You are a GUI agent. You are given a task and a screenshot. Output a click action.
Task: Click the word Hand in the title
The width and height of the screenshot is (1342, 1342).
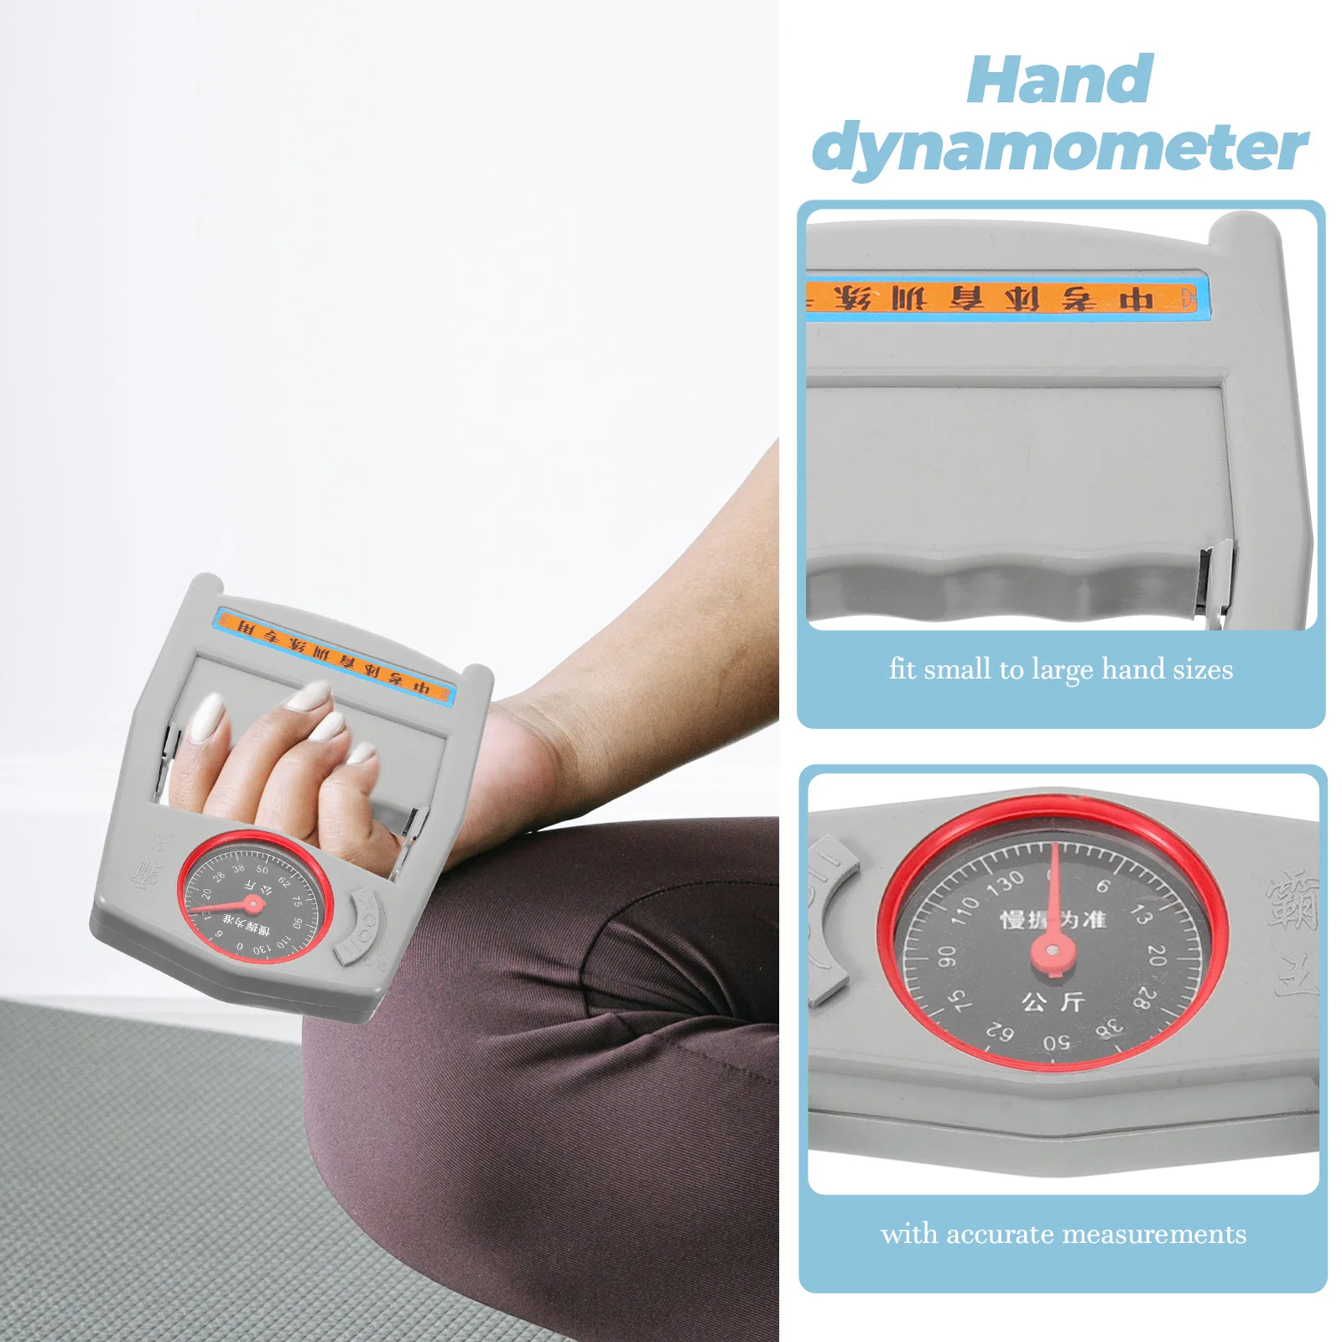tap(1059, 81)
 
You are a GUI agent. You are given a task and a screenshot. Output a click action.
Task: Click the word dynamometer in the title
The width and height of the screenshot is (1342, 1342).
tap(1059, 148)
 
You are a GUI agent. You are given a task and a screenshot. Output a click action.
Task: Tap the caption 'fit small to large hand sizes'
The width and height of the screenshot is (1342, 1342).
tap(1061, 669)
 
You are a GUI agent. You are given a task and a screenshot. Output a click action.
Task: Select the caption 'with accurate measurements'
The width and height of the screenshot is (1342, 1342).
tap(1063, 1234)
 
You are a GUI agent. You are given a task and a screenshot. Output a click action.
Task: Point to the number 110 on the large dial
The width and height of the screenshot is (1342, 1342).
tap(965, 909)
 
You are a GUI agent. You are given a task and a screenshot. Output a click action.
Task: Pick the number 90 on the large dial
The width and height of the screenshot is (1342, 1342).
tap(946, 955)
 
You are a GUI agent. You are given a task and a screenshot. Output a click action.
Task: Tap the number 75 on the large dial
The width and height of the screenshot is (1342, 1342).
tap(961, 1000)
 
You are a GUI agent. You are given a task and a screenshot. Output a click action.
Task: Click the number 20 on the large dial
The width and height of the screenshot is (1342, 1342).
tap(1157, 954)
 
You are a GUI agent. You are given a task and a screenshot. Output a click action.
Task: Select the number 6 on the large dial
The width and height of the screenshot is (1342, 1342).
tap(1104, 885)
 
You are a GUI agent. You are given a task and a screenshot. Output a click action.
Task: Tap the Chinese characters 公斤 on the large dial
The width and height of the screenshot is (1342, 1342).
tap(1053, 1001)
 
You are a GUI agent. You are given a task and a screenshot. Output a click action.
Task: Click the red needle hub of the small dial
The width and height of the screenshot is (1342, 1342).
tap(251, 903)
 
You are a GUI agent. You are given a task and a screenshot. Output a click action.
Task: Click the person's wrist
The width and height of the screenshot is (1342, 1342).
tap(537, 746)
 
